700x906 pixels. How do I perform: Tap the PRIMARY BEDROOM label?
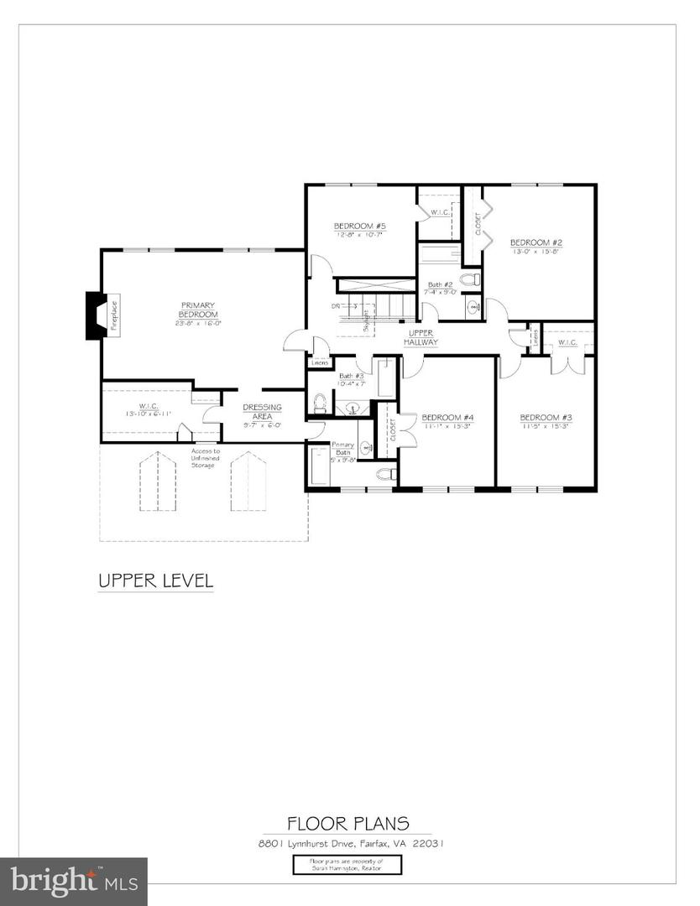tap(197, 310)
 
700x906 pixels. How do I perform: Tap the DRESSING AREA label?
tap(262, 412)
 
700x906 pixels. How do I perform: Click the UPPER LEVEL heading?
tap(155, 580)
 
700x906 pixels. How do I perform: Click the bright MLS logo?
tap(74, 881)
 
